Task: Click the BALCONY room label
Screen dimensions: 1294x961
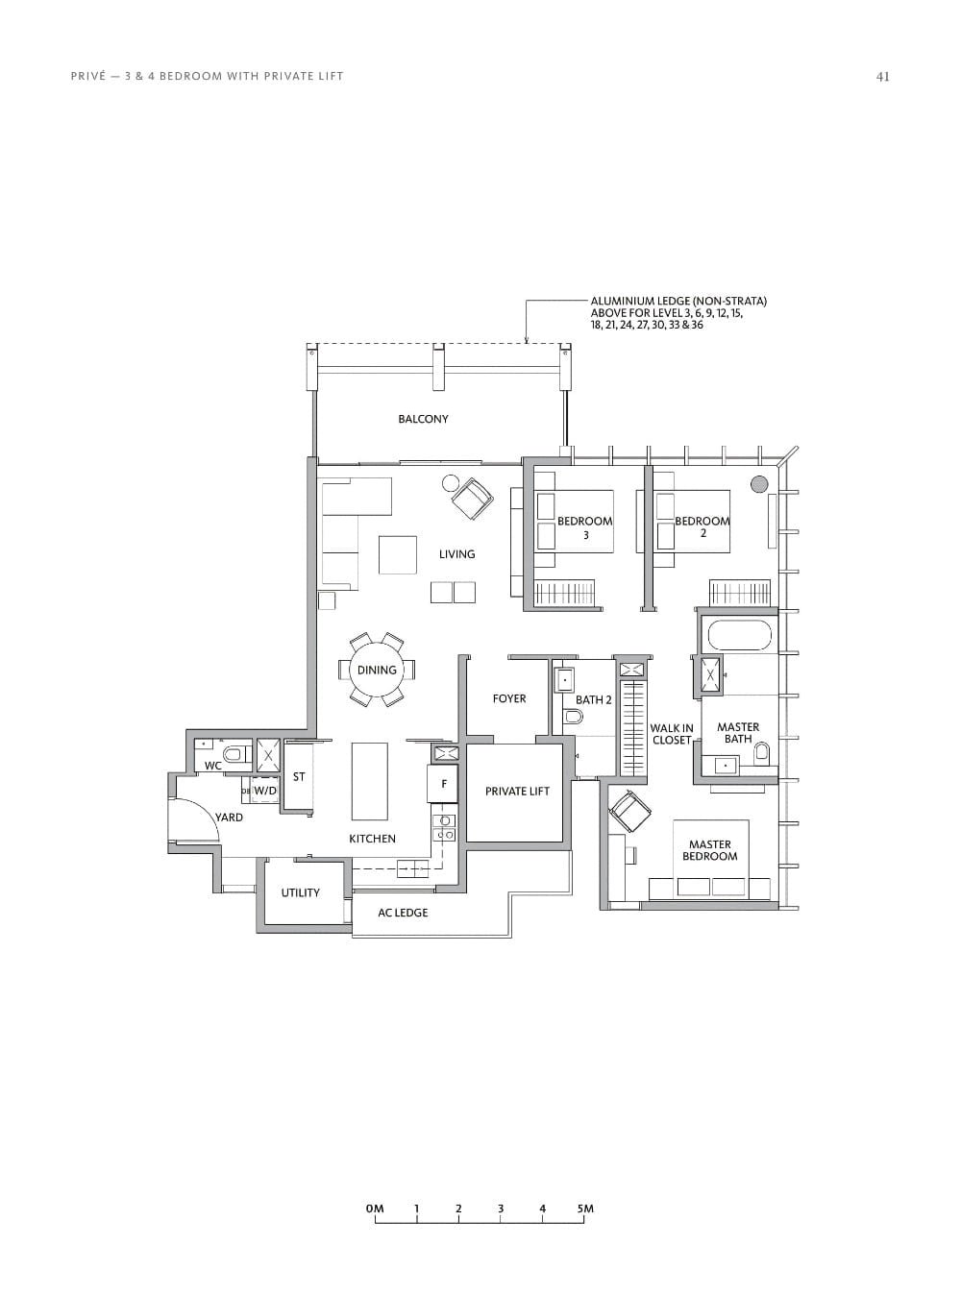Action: pos(423,419)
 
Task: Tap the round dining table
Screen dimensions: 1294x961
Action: pos(377,671)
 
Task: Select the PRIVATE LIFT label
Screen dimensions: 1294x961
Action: pos(517,792)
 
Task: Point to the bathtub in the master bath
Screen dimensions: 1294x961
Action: pos(738,635)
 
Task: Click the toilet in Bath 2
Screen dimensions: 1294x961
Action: pos(574,715)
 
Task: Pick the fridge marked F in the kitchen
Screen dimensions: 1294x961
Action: pos(443,783)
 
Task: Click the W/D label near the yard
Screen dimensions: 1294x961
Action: pos(265,791)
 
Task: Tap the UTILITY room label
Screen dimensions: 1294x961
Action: pos(300,893)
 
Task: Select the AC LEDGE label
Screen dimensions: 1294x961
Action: pos(403,913)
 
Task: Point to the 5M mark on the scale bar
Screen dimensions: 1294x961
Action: pos(585,1209)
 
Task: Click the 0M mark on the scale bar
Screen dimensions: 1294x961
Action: pos(375,1209)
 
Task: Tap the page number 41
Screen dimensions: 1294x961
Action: pos(882,77)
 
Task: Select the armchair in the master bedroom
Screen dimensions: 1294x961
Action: pos(629,813)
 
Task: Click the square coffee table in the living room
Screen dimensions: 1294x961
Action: pos(397,554)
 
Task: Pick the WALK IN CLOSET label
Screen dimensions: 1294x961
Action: pos(671,735)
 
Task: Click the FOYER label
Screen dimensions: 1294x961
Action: pos(509,699)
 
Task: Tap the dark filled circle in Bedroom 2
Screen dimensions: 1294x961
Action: pos(759,484)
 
